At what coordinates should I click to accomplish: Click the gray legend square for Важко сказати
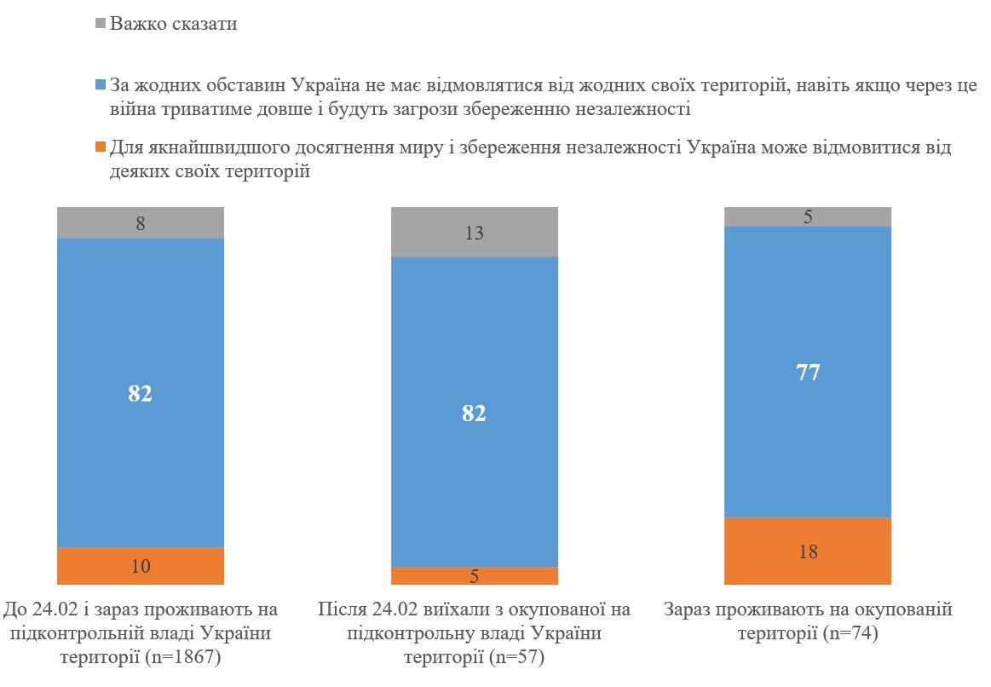pyautogui.click(x=101, y=25)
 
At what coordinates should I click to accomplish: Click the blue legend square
pyautogui.click(x=101, y=86)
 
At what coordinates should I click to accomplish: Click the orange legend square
pyautogui.click(x=101, y=147)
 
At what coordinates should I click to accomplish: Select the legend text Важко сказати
pyautogui.click(x=173, y=24)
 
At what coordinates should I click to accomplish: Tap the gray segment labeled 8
pyautogui.click(x=141, y=223)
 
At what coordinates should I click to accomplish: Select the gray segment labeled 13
pyautogui.click(x=474, y=233)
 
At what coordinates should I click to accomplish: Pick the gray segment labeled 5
pyautogui.click(x=807, y=216)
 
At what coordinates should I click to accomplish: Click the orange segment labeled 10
pyautogui.click(x=141, y=566)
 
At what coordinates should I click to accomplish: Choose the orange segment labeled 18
pyautogui.click(x=807, y=551)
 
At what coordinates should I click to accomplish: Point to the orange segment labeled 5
pyautogui.click(x=474, y=576)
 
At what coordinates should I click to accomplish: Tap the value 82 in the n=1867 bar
pyautogui.click(x=141, y=394)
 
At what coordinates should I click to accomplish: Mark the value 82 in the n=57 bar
pyautogui.click(x=474, y=413)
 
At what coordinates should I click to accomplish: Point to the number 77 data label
pyautogui.click(x=807, y=372)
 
